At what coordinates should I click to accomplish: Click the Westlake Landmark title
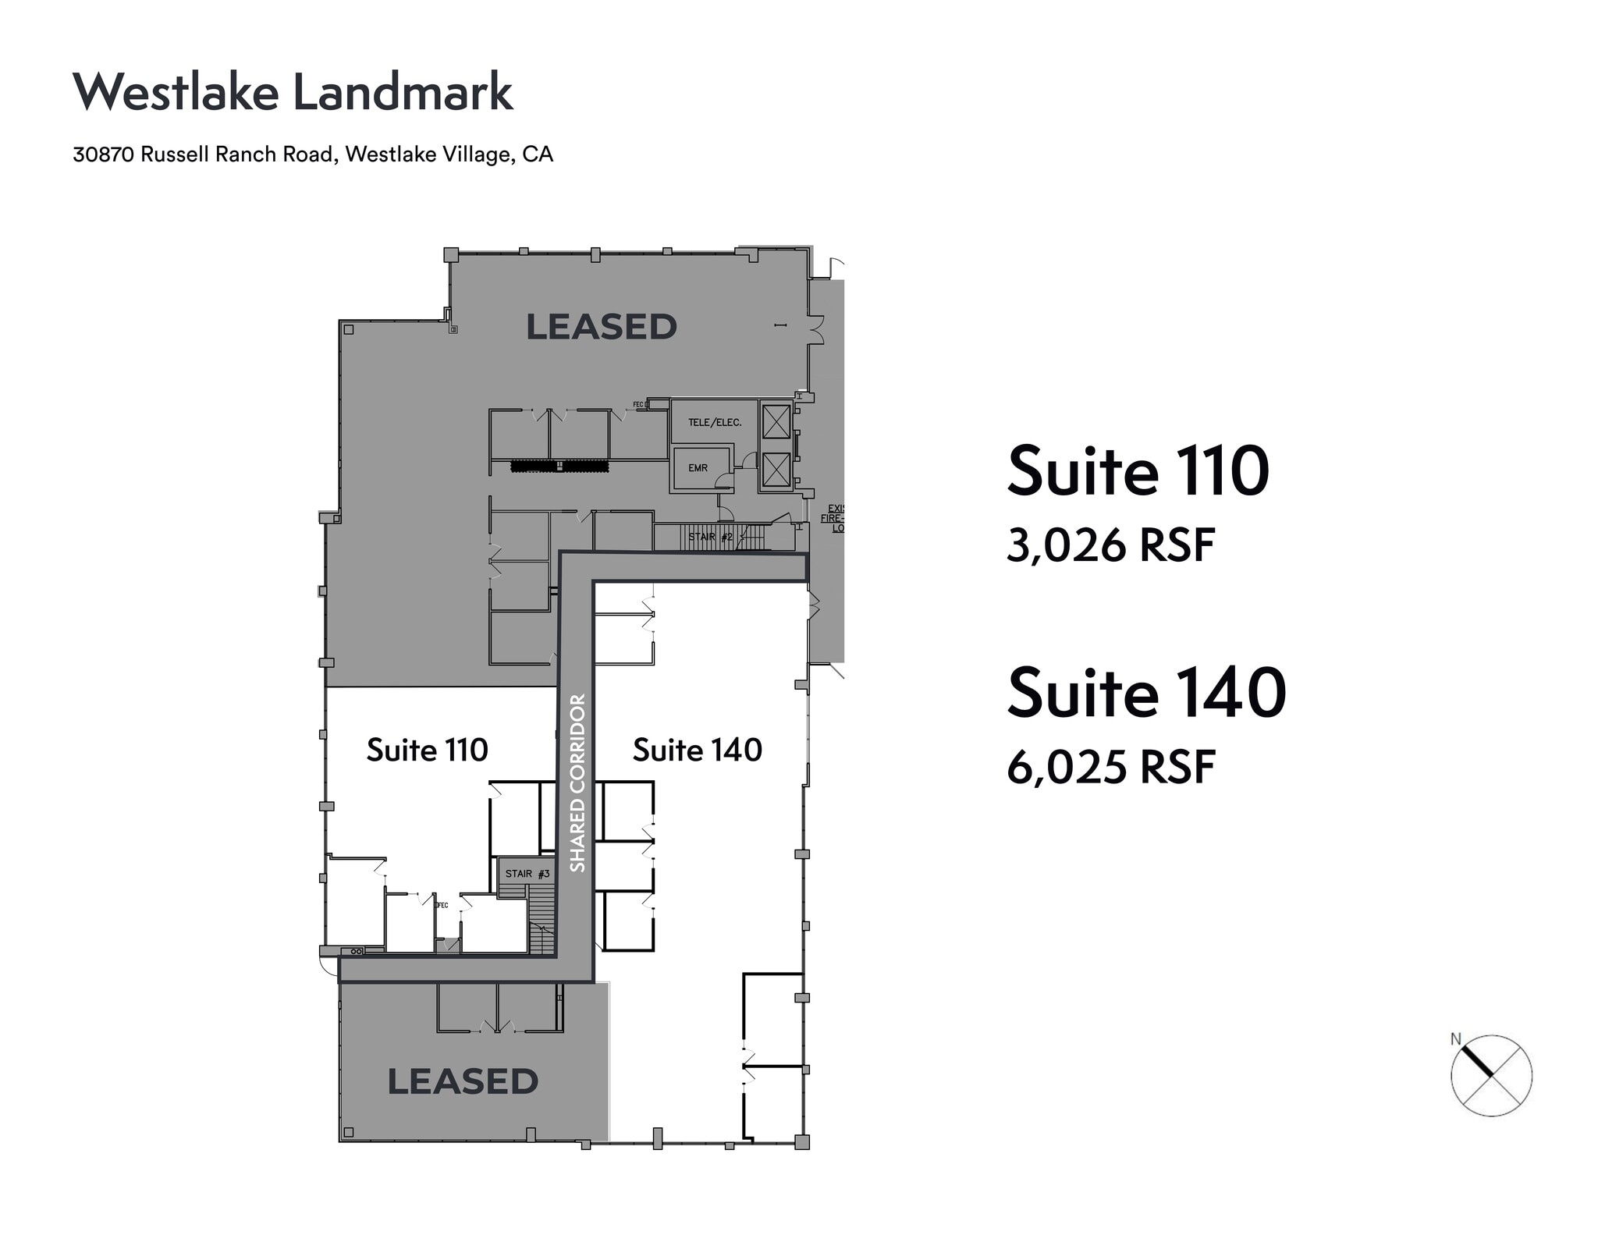click(293, 92)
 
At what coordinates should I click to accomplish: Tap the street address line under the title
click(313, 154)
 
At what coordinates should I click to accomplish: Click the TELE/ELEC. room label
click(714, 422)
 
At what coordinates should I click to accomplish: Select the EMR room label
click(698, 468)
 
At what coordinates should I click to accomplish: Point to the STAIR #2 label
click(710, 537)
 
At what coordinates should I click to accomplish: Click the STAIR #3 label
click(527, 874)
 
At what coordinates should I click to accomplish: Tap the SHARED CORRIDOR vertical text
click(577, 783)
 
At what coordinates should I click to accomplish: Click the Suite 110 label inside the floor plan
click(427, 750)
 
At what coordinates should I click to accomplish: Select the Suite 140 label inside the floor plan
click(697, 750)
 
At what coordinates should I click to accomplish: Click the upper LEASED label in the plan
click(601, 327)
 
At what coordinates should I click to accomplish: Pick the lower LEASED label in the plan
click(463, 1081)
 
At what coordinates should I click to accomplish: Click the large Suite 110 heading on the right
click(1138, 471)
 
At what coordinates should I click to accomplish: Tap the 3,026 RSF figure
click(1110, 545)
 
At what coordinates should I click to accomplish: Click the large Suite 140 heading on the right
click(1146, 693)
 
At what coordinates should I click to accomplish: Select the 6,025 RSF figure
click(1110, 767)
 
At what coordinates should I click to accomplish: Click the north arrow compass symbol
click(1491, 1076)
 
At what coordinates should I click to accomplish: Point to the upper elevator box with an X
click(776, 421)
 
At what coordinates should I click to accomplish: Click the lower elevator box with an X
click(776, 469)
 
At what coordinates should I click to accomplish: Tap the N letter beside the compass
click(1455, 1039)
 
